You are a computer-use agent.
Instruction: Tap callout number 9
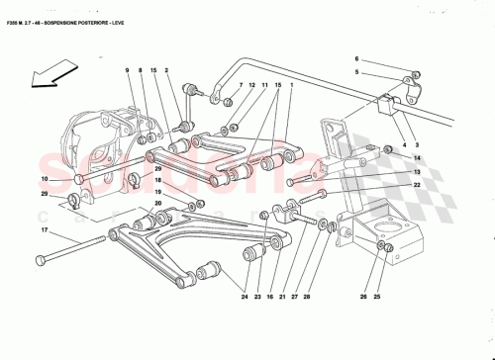[128, 69]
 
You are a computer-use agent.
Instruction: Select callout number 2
[167, 69]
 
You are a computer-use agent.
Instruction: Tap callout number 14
[418, 157]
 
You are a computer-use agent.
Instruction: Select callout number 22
[418, 185]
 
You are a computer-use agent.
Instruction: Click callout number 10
[44, 178]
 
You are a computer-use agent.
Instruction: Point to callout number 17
[44, 231]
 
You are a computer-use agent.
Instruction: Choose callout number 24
[242, 295]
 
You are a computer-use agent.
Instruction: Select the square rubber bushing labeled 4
[389, 104]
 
